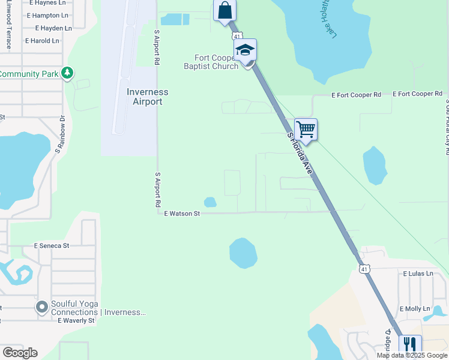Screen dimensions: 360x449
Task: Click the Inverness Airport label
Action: point(147,97)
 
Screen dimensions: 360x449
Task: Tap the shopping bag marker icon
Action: point(225,11)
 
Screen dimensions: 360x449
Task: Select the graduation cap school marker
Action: point(245,50)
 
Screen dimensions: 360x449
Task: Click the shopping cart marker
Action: point(306,129)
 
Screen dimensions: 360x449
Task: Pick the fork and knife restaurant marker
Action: point(410,344)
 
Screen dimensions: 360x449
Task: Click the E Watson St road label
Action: point(182,213)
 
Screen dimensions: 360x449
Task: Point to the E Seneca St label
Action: point(52,246)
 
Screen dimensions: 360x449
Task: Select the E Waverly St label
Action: point(76,320)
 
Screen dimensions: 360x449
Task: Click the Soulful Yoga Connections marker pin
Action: point(41,308)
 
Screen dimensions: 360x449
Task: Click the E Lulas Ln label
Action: point(418,274)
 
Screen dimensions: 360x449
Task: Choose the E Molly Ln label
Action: point(415,309)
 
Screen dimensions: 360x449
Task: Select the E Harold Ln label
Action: point(42,41)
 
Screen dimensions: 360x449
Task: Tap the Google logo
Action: point(20,353)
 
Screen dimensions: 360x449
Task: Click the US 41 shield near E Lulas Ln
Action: point(364,269)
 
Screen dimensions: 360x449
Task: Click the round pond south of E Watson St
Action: point(243,253)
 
